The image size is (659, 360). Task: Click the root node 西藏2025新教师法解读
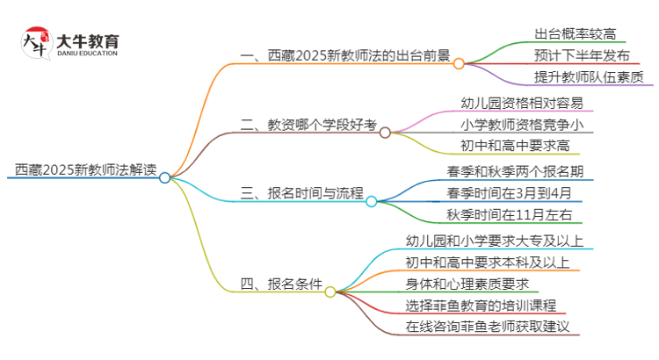(x=84, y=169)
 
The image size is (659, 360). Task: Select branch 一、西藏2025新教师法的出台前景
(x=344, y=63)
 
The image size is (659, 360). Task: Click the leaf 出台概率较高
(x=576, y=35)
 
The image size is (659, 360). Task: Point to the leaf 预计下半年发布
(x=581, y=56)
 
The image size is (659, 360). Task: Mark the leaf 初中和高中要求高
(x=515, y=146)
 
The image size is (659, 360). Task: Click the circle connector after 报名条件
(x=330, y=292)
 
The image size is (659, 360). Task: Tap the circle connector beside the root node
(x=165, y=176)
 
